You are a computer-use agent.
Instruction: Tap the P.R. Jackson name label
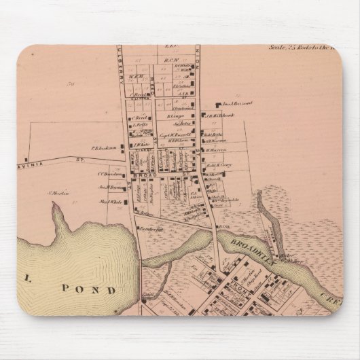(100, 145)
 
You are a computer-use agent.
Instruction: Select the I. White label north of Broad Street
(141, 143)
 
